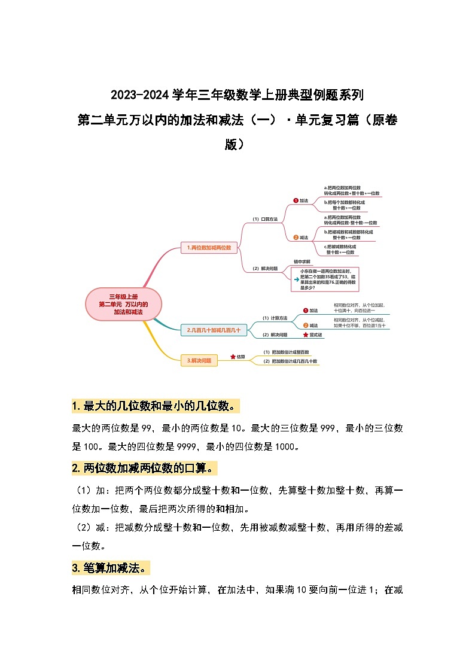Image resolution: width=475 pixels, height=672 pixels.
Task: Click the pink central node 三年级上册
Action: coord(124,304)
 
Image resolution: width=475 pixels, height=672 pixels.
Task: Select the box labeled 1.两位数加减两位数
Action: coord(209,247)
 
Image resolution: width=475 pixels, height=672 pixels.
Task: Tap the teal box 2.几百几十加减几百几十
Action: coord(214,329)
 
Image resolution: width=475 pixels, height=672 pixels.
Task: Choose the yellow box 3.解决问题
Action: coord(199,360)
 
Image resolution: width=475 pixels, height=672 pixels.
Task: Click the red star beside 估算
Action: coord(233,356)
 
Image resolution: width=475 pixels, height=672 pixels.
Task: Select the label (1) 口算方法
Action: coord(265,220)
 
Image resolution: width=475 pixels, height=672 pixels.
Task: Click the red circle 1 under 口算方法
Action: coord(296,200)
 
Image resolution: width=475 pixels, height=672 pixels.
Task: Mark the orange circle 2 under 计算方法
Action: coord(305,325)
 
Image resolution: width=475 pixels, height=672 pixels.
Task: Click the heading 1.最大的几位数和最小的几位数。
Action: coord(155,406)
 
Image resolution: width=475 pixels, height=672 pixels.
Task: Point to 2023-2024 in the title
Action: coord(140,95)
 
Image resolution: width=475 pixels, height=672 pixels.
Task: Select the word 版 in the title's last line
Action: coord(230,144)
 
